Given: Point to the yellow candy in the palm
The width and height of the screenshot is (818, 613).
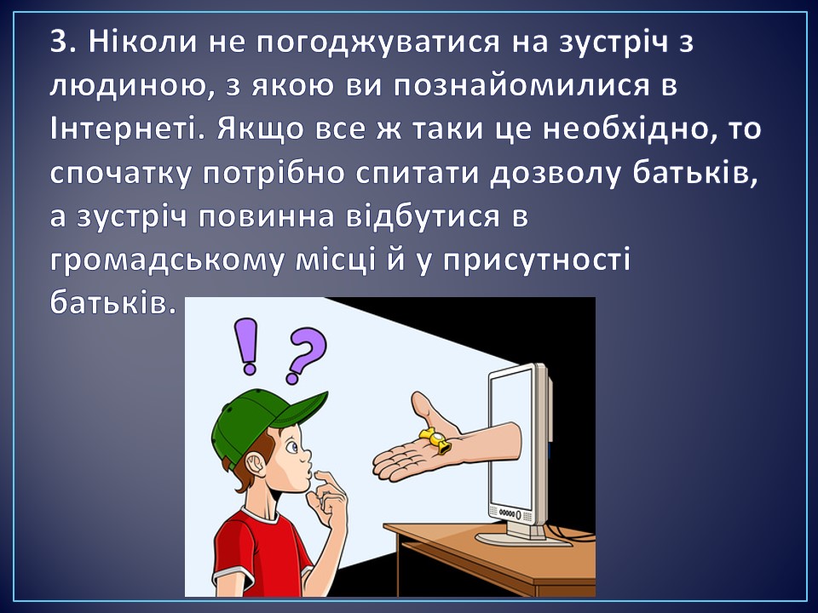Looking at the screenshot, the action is point(435,440).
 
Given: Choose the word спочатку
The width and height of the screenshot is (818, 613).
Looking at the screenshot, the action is point(122,174).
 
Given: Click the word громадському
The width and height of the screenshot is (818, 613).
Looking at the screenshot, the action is point(168,261).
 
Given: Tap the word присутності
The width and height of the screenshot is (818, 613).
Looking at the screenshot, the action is point(538,261).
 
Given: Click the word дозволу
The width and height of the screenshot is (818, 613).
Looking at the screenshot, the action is point(555,174).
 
